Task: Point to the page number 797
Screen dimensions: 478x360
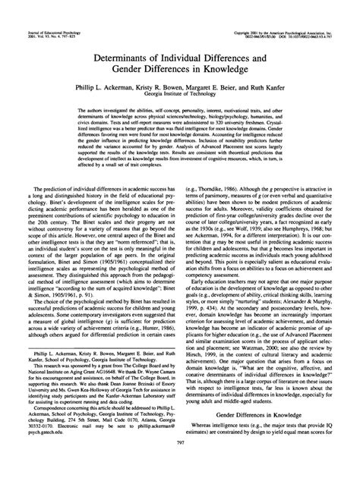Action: point(180,466)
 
